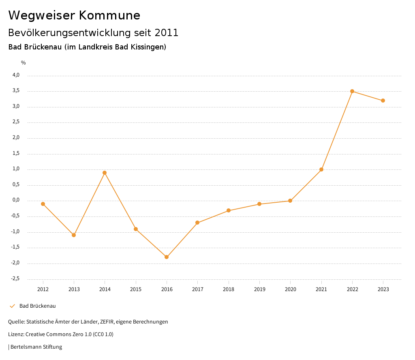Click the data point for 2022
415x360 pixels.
pos(352,91)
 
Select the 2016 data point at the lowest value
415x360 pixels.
pos(167,257)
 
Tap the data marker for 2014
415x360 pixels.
pos(105,173)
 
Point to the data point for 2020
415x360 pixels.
pos(290,201)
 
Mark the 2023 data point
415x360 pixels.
pos(383,101)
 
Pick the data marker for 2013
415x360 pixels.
pos(74,235)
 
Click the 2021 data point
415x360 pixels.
pos(321,169)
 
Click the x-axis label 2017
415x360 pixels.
pos(197,289)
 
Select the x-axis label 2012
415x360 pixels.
pos(43,289)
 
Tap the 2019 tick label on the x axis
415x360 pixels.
pos(259,289)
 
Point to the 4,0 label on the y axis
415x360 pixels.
pos(16,75)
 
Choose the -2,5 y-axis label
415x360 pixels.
pos(15,279)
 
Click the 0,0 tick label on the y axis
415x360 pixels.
pos(16,200)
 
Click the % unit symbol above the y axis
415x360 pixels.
pos(24,63)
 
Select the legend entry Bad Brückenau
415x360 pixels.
pos(37,306)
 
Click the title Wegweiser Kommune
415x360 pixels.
pos(74,15)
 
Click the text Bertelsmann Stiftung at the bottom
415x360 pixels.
pos(36,347)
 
